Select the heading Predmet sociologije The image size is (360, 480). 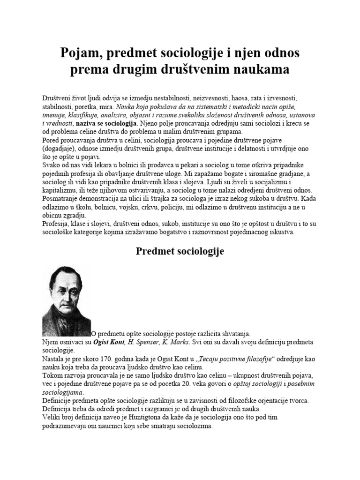[x=180, y=251]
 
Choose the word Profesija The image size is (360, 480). [x=57, y=224]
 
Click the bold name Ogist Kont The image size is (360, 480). [x=111, y=342]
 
